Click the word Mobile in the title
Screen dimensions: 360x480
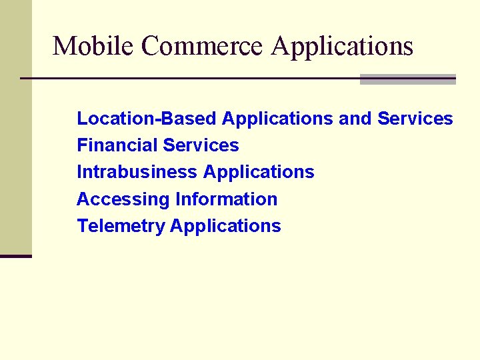click(x=93, y=46)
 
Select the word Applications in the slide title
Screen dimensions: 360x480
click(x=343, y=47)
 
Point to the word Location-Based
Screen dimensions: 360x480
click(x=147, y=119)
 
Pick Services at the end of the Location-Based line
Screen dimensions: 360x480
click(x=415, y=119)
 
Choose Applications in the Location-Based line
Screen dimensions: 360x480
click(x=277, y=119)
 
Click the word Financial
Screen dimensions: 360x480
click(x=117, y=145)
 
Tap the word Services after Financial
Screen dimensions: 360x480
click(x=201, y=145)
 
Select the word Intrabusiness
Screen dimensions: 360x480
click(x=137, y=172)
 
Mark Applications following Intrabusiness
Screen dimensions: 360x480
click(x=259, y=173)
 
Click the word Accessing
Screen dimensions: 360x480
click(x=123, y=199)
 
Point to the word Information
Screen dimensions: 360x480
click(x=226, y=199)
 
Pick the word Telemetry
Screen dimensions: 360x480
click(x=121, y=226)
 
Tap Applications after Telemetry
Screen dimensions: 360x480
click(x=225, y=227)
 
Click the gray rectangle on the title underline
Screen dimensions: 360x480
click(x=407, y=79)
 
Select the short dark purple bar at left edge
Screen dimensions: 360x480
click(x=15, y=256)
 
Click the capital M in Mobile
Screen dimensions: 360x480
click(x=63, y=46)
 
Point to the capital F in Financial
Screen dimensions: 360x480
click(x=81, y=145)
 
